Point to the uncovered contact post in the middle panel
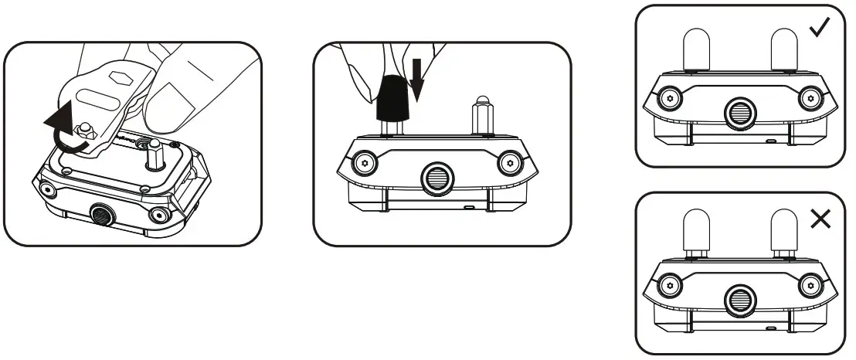483,116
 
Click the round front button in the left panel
100,213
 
